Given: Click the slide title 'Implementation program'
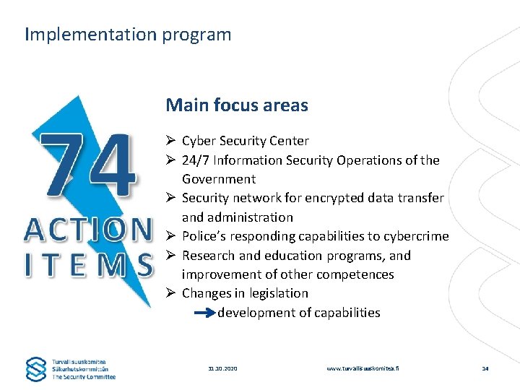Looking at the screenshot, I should pyautogui.click(x=128, y=35).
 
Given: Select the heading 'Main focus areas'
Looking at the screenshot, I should pyautogui.click(x=237, y=105).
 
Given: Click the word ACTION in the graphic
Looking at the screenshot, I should pyautogui.click(x=88, y=230).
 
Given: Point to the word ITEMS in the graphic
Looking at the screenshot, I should pyautogui.click(x=88, y=264).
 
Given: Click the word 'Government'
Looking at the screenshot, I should pyautogui.click(x=219, y=179).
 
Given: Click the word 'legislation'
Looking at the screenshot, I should pyautogui.click(x=279, y=293).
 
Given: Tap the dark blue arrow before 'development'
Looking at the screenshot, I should pyautogui.click(x=205, y=313).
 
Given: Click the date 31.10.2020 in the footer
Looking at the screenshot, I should pyautogui.click(x=222, y=368).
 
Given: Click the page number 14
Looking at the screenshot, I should pyautogui.click(x=485, y=368).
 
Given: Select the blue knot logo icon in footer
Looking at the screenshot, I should pyautogui.click(x=36, y=368).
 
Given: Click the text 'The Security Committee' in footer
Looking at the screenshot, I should pyautogui.click(x=84, y=376).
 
